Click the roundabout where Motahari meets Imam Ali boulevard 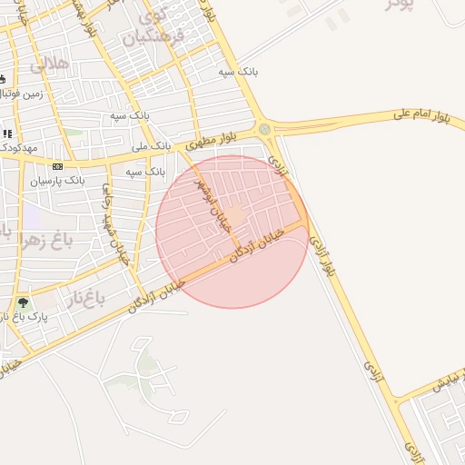point(264,130)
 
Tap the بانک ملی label point(151,145)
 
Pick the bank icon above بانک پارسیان point(58,166)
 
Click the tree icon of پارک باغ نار point(23,303)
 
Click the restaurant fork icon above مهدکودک point(7,134)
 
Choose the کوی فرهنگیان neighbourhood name point(163,26)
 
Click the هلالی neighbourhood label point(49,64)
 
